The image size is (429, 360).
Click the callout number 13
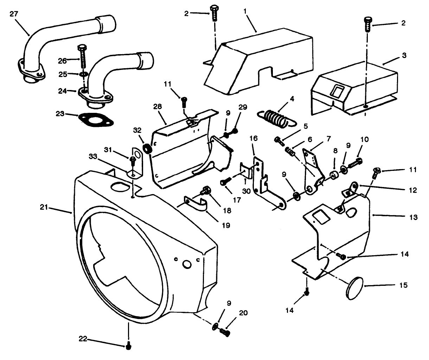point(414,217)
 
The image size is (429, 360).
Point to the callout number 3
point(404,56)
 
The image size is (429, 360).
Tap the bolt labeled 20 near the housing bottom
point(225,332)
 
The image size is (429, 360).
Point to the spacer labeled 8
point(333,175)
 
